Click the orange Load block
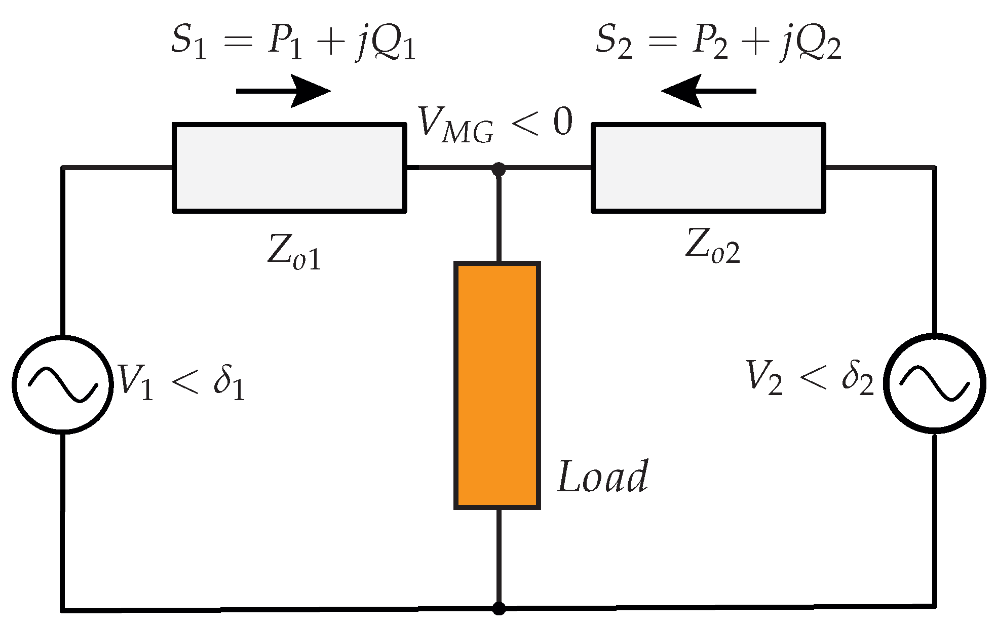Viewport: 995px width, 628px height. coord(497,385)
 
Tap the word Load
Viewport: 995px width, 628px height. coord(602,477)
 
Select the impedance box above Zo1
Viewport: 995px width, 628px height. coord(289,168)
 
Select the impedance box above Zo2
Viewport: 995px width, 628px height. coord(708,168)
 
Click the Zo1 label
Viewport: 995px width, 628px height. coord(294,252)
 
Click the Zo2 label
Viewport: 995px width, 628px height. coord(712,246)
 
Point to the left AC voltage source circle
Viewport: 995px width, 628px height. coord(62,384)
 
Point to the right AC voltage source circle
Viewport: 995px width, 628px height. coord(935,383)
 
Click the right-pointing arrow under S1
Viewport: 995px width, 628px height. coord(284,91)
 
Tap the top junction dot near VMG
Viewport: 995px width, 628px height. coord(499,169)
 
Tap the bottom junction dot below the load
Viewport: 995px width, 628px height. coord(499,608)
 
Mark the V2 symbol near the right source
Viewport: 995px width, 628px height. coord(764,378)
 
